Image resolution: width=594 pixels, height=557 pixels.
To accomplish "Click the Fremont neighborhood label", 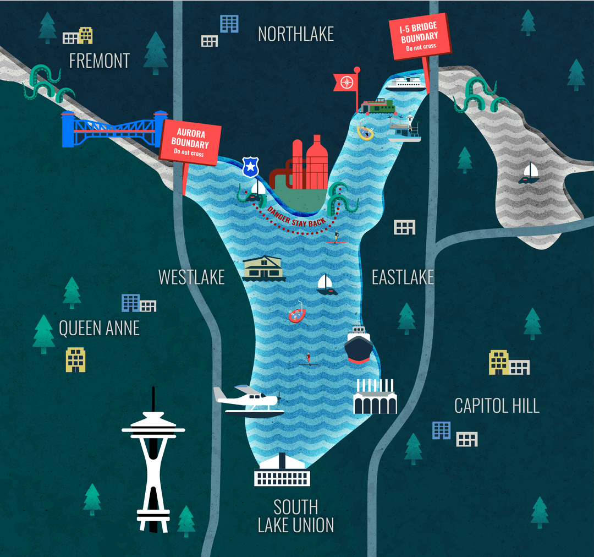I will (100, 61).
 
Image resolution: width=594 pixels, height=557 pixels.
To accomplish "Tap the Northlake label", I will (296, 34).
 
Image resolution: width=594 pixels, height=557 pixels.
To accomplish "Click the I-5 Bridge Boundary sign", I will (420, 37).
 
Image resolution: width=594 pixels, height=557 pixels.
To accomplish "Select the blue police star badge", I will (250, 167).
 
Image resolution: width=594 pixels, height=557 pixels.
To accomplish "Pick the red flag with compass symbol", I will (346, 83).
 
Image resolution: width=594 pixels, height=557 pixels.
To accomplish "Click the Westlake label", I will (191, 277).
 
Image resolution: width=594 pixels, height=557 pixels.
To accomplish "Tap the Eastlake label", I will (403, 277).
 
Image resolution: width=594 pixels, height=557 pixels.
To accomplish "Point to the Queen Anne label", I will (99, 329).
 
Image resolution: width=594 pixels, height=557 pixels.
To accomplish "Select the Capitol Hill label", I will (497, 406).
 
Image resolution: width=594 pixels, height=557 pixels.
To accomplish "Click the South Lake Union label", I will (296, 516).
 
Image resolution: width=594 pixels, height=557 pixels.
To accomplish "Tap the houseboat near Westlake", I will (264, 268).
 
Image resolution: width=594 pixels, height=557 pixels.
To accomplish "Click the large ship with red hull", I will (358, 345).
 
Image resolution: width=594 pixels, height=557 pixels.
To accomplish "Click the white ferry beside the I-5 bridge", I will (406, 84).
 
